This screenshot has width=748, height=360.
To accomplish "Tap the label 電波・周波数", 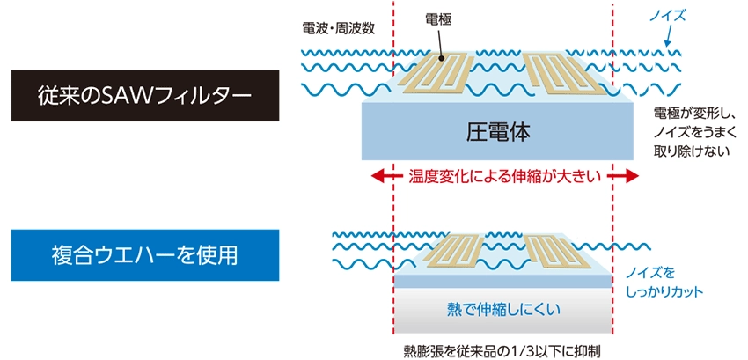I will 338,28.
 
